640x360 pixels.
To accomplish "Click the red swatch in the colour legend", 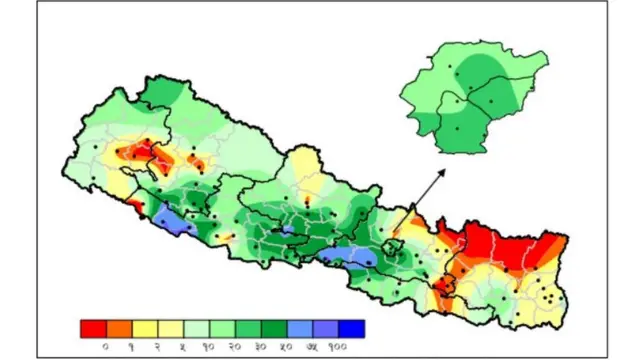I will [94, 328].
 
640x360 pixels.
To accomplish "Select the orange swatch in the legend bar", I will [119, 328].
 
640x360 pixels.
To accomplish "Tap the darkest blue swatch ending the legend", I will [351, 328].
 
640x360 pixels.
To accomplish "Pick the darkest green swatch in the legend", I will [274, 328].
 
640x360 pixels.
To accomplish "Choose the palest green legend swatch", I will [197, 328].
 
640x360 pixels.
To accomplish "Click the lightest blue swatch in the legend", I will [300, 328].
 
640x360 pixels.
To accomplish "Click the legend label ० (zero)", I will [106, 345].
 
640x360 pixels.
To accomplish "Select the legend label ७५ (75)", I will [313, 345].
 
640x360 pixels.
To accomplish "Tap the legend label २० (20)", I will [235, 345].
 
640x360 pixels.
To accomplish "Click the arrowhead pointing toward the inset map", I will [441, 173].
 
